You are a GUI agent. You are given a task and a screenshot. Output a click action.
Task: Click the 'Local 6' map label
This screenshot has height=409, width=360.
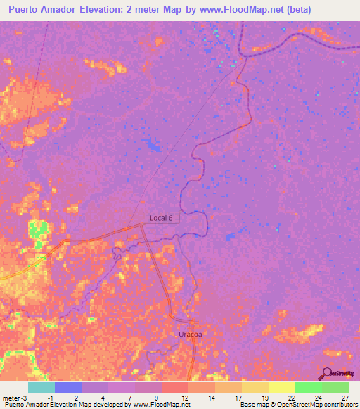(x=162, y=218)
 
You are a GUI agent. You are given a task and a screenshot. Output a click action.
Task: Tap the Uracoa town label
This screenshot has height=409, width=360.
(x=190, y=335)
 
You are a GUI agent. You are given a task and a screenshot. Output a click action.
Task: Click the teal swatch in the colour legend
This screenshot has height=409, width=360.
(x=41, y=387)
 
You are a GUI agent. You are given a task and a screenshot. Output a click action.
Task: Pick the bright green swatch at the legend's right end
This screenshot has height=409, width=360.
(x=335, y=387)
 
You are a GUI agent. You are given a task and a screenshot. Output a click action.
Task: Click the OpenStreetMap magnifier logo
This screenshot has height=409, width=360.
(x=326, y=373)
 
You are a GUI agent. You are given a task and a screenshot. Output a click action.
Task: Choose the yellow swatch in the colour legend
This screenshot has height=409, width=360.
(x=281, y=387)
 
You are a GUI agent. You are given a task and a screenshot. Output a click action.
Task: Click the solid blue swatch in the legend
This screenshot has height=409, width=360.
(x=68, y=387)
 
